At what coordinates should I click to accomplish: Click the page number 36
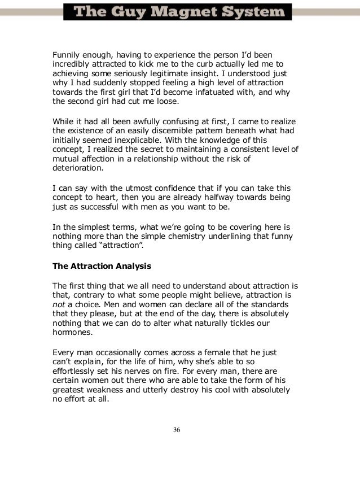[177, 430]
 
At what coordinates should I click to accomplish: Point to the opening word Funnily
[66, 55]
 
